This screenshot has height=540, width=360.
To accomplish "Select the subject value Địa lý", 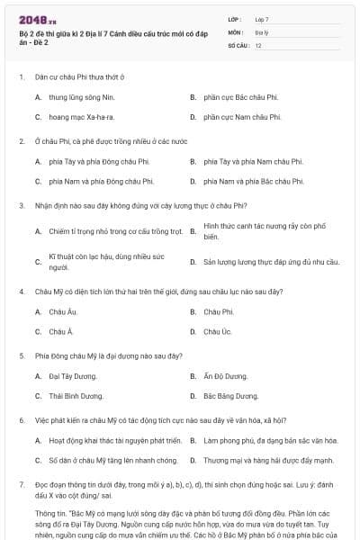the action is click(x=261, y=31).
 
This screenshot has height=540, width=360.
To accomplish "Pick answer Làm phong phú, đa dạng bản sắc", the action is click(x=271, y=440).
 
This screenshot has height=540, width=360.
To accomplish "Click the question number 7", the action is click(x=21, y=484).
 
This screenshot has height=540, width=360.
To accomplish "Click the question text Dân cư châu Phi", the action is click(x=78, y=76).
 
